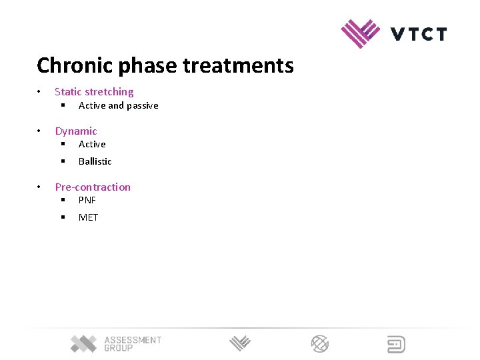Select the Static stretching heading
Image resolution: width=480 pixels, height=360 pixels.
tap(94, 92)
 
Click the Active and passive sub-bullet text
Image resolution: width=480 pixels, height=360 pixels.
tap(118, 106)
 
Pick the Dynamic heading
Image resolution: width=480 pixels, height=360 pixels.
tap(75, 131)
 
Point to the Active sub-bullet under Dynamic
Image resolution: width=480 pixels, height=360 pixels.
tap(92, 145)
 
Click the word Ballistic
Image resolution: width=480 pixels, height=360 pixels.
tap(95, 161)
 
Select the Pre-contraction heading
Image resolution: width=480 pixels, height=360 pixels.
tap(93, 187)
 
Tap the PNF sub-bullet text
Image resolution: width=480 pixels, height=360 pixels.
tap(87, 200)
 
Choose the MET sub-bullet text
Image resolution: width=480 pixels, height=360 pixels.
tap(88, 217)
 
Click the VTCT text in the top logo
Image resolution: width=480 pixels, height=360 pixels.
tap(419, 34)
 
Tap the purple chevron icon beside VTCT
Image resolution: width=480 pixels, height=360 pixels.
tap(360, 33)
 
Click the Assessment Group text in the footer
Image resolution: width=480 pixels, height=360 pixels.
tap(132, 344)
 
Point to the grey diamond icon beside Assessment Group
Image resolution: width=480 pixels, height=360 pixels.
tap(84, 344)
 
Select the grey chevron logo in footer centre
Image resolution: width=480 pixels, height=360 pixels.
tap(240, 344)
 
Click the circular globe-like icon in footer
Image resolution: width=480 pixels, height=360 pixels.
tap(320, 344)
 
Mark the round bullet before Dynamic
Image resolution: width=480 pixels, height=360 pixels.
tap(40, 131)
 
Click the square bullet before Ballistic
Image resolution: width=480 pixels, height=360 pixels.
tap(62, 161)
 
